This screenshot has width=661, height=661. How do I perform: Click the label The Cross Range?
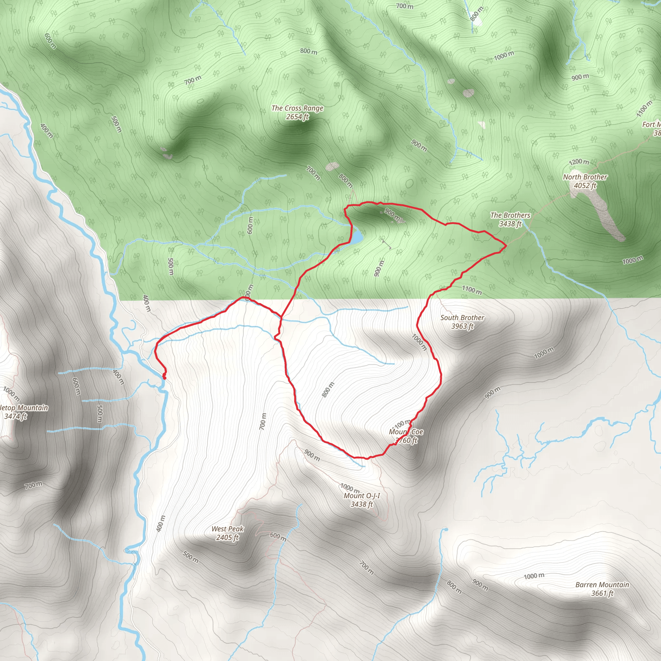297,108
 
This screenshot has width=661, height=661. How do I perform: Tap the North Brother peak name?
585,177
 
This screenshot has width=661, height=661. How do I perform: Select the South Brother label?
462,318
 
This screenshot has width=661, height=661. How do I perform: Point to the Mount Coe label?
406,432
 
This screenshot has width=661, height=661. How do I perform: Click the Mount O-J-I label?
361,496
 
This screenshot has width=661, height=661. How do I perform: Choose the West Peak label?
227,529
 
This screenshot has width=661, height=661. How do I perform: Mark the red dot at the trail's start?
164,378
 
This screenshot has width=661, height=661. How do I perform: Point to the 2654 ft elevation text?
297,117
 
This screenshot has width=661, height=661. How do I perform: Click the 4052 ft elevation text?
585,186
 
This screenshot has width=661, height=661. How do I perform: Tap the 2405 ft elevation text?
227,537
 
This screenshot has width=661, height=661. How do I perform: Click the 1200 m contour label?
579,162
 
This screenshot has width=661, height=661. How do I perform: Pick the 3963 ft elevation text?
462,326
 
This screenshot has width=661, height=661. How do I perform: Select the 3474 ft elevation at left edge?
15,416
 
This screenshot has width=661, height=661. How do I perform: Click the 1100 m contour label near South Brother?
472,290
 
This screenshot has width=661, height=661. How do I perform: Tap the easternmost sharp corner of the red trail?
506,246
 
